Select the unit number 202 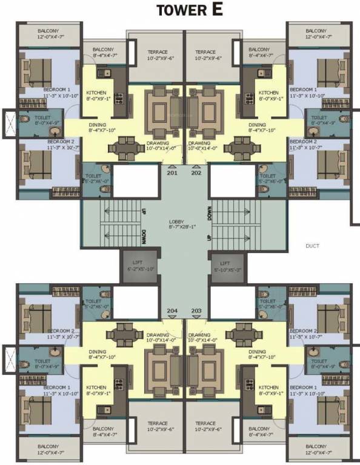pyautogui.click(x=196, y=173)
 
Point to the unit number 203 pyautogui.click(x=196, y=311)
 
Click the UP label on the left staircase pyautogui.click(x=144, y=214)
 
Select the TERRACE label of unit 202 pyautogui.click(x=205, y=52)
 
